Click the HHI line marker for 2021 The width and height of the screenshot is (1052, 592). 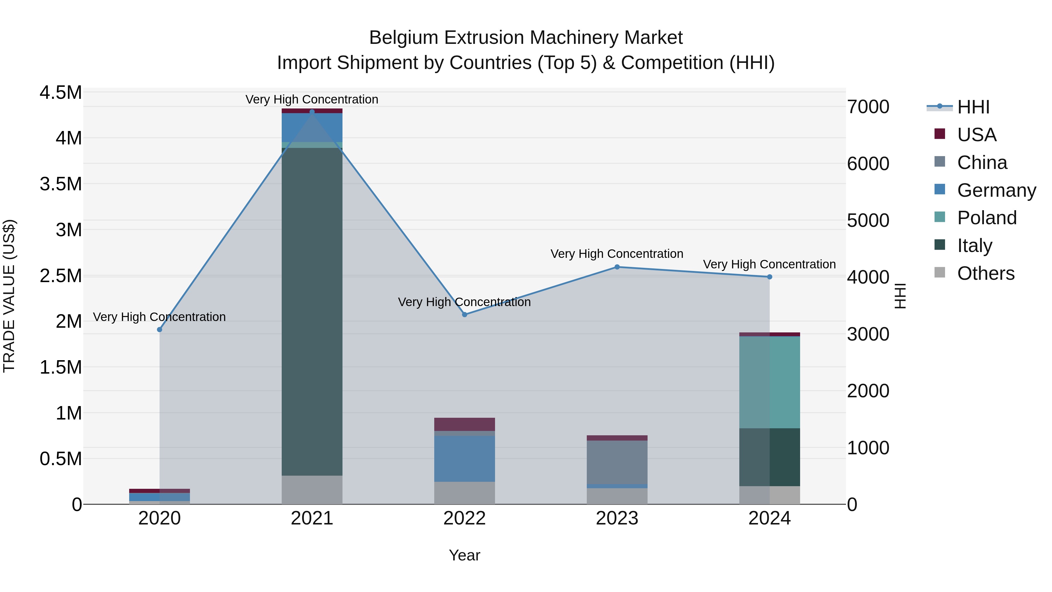click(312, 112)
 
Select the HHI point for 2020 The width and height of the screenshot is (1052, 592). click(160, 330)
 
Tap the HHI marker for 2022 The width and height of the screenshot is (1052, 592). click(464, 315)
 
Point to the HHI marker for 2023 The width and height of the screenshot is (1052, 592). click(617, 267)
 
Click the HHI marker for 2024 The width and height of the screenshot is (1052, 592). click(769, 277)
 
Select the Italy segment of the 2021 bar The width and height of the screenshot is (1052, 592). click(312, 310)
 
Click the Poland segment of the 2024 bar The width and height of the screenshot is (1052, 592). click(769, 382)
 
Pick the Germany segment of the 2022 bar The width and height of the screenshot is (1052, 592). click(464, 458)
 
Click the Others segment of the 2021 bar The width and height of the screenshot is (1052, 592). click(312, 489)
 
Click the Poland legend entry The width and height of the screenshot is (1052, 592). click(986, 218)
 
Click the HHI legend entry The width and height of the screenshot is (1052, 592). click(973, 107)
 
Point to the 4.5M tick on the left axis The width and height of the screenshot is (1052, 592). click(60, 93)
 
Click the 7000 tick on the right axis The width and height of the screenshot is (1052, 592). click(868, 107)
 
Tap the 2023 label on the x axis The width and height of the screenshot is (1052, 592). click(617, 518)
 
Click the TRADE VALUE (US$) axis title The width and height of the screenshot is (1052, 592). click(9, 296)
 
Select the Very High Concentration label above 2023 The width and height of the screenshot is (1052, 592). click(617, 254)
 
